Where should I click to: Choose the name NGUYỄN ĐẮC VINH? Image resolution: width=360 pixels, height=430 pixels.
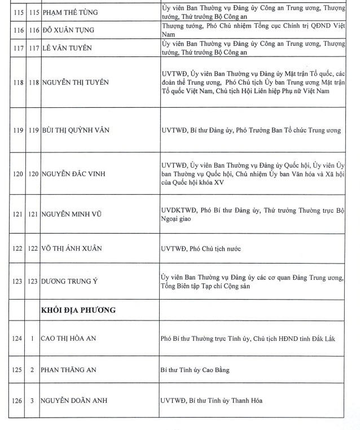77,174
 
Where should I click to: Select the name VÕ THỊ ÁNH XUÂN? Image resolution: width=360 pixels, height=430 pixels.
74,249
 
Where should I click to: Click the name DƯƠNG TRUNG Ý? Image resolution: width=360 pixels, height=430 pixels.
73,282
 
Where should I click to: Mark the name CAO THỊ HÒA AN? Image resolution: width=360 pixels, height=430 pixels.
73,338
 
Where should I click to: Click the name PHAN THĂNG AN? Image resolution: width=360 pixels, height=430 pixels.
69,370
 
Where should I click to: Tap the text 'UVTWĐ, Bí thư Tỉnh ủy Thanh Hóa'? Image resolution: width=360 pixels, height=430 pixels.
212,401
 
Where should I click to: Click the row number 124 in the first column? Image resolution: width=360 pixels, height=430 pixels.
17,338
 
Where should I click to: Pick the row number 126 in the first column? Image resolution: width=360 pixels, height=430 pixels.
17,401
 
